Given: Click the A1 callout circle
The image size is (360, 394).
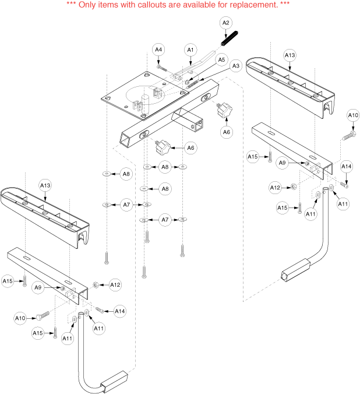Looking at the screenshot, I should [x=189, y=51].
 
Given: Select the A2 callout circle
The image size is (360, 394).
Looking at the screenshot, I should [x=226, y=23].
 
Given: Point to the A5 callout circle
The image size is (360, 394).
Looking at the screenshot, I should [x=221, y=59].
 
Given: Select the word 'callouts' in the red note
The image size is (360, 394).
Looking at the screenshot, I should [x=151, y=5].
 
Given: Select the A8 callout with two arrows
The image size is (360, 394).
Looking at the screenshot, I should [x=165, y=167].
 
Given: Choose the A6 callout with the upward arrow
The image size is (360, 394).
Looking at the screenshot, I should [x=227, y=132].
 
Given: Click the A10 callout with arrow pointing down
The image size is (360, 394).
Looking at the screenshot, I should [x=353, y=116].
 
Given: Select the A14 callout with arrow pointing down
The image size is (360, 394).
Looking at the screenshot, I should [x=346, y=166].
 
